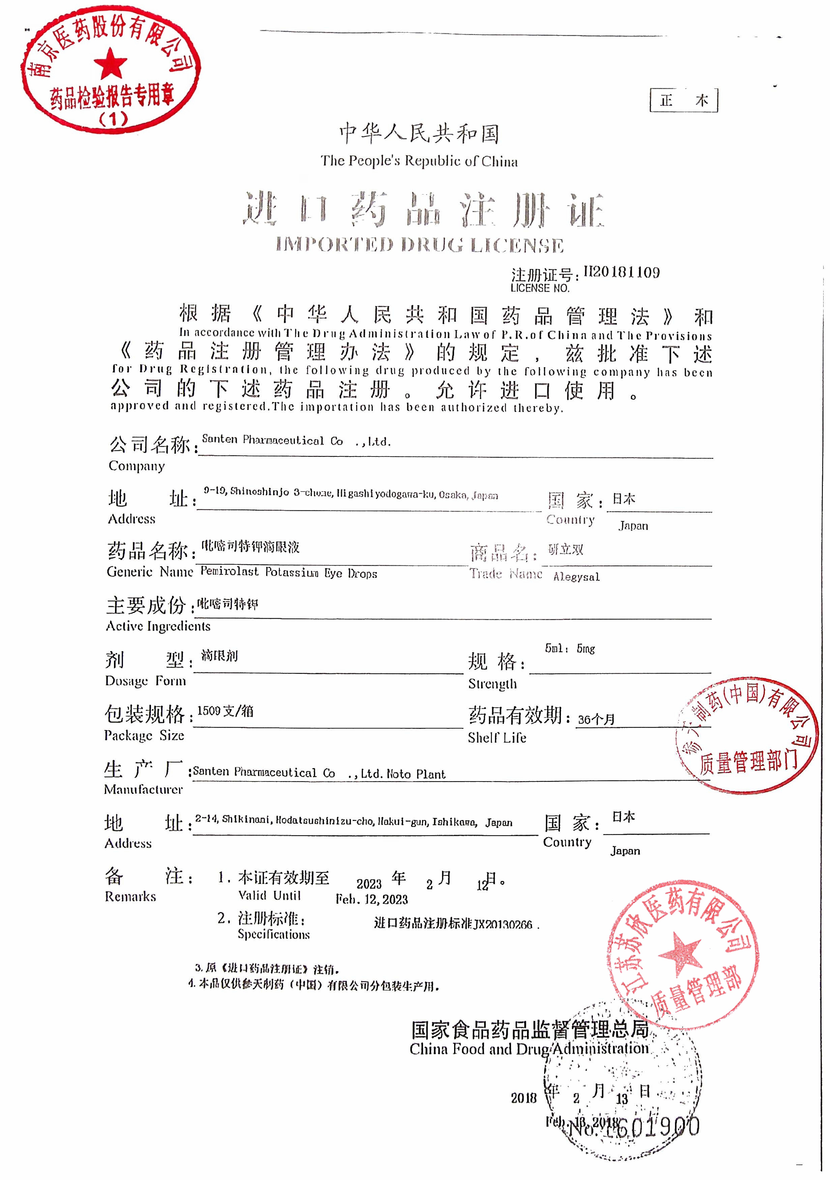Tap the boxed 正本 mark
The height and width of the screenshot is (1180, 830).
[x=684, y=100]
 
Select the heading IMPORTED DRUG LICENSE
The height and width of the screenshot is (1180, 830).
[x=419, y=245]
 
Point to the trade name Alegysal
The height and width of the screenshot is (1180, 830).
[x=576, y=577]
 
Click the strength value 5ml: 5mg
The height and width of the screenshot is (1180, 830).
[x=569, y=649]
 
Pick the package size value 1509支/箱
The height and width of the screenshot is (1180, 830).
[x=225, y=711]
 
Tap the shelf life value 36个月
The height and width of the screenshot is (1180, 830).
[x=596, y=719]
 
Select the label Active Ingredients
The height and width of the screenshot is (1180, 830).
[x=158, y=626]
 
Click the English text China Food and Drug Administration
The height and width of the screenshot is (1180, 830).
[x=529, y=1049]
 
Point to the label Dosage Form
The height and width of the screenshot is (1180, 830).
[x=145, y=681]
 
